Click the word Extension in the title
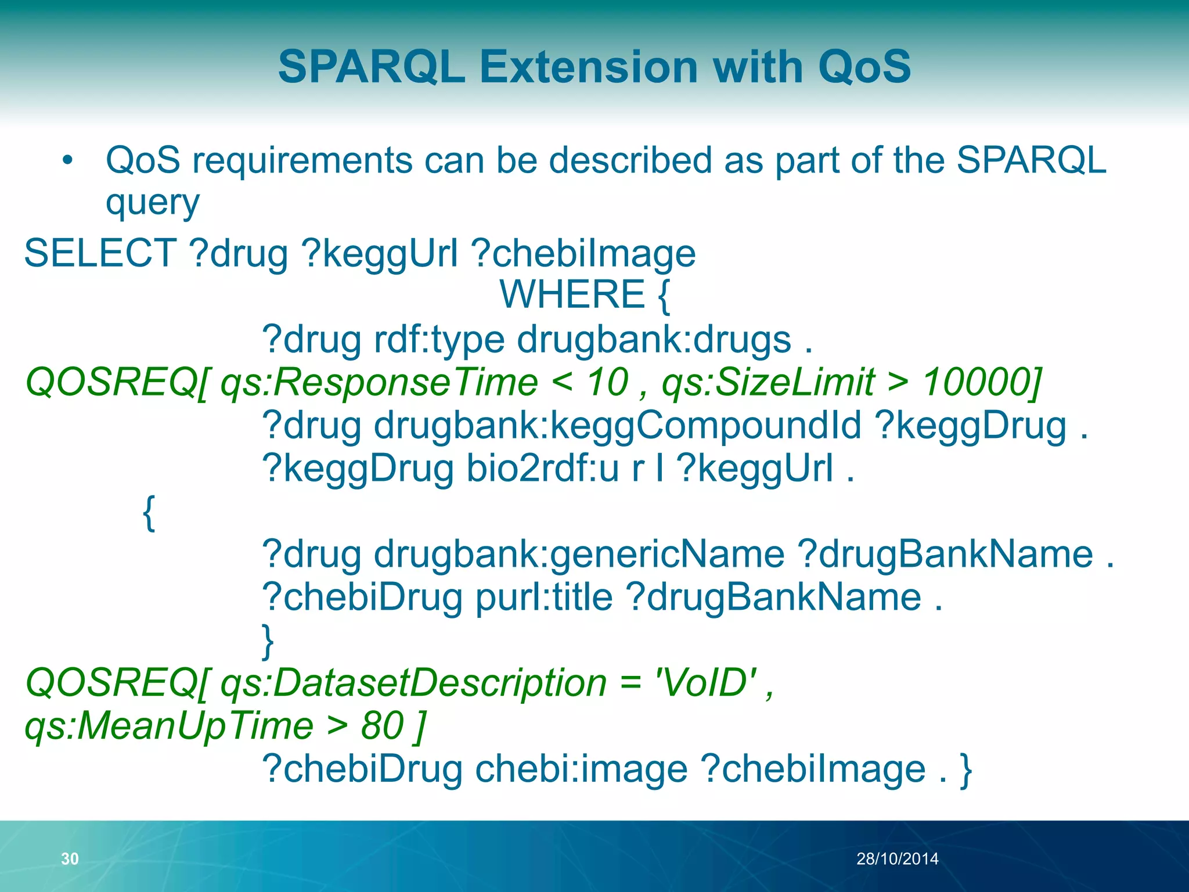(589, 67)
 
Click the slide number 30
(70, 858)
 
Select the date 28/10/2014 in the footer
(897, 858)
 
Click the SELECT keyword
(100, 253)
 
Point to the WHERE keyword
(572, 294)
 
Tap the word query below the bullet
(152, 203)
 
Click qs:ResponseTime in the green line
(379, 382)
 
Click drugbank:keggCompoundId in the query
(617, 425)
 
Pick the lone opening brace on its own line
(149, 512)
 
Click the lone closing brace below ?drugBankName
(268, 641)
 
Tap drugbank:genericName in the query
(579, 554)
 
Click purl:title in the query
(544, 597)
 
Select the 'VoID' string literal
(705, 683)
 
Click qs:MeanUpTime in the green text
(169, 726)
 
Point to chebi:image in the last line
(581, 769)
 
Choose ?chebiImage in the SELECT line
(583, 253)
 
